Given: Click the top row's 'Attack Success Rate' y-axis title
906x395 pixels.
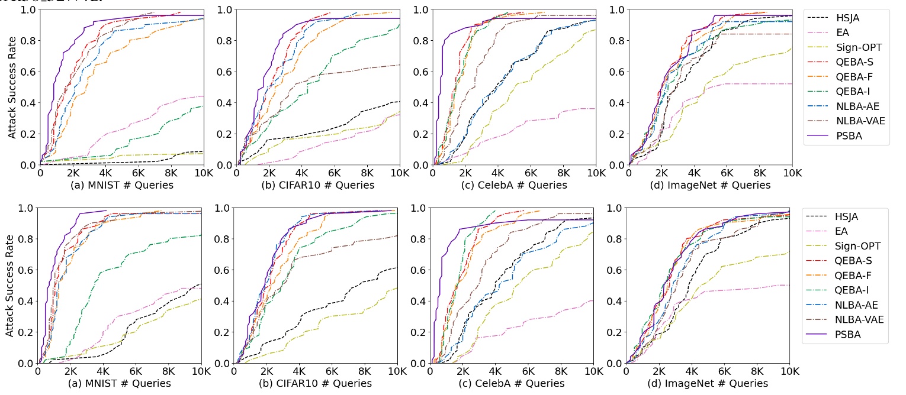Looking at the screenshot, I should [x=12, y=86].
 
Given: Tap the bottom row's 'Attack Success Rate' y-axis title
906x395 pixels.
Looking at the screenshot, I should [x=11, y=285].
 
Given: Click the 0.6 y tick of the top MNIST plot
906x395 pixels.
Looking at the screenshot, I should [x=27, y=72].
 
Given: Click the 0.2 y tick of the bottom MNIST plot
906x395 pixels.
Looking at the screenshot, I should [x=25, y=332].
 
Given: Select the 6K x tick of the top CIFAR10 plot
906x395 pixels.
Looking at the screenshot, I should [x=334, y=173].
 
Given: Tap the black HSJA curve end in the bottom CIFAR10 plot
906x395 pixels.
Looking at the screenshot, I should [x=396, y=268].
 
